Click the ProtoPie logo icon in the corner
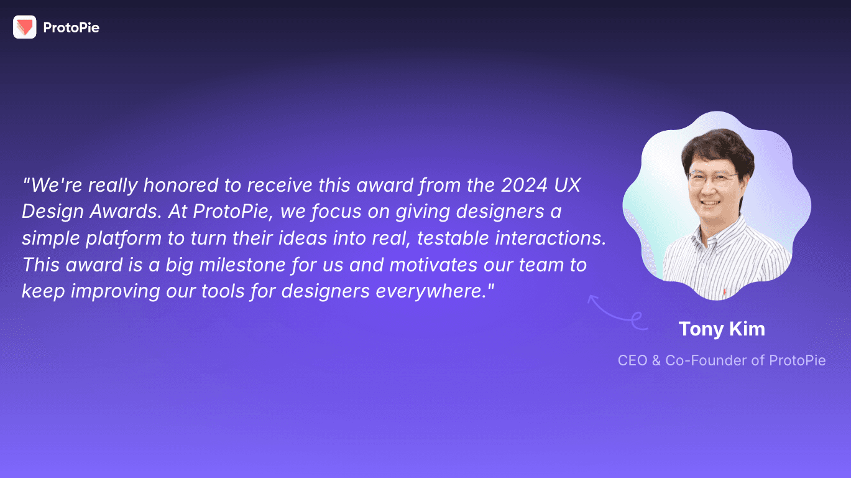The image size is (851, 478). point(24,27)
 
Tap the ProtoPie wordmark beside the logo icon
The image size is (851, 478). point(71,27)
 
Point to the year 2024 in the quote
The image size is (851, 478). point(522,185)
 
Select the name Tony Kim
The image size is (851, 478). point(721,329)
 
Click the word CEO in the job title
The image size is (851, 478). point(632,360)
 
